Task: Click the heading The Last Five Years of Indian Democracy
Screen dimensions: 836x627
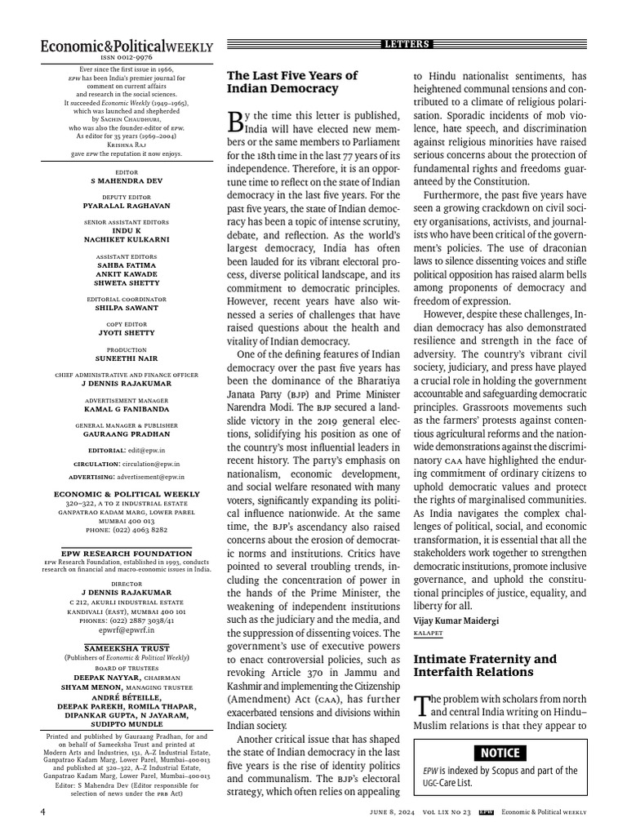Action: pos(282,82)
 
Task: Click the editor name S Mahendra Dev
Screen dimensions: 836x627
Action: pos(127,180)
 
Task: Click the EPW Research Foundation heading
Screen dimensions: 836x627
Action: pos(127,554)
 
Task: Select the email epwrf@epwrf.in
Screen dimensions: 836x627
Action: pos(127,630)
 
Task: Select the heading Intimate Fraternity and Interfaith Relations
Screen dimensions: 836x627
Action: pos(485,665)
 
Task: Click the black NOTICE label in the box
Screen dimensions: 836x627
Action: pos(499,752)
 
